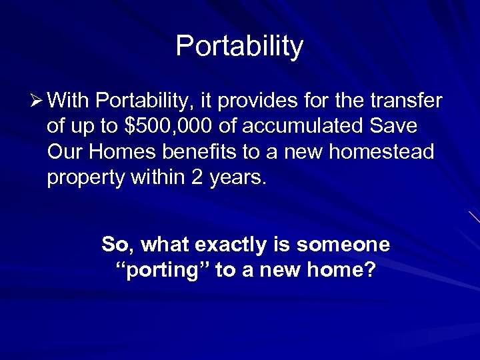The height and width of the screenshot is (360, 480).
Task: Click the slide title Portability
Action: [239, 46]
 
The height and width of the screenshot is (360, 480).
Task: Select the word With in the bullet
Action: [69, 101]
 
